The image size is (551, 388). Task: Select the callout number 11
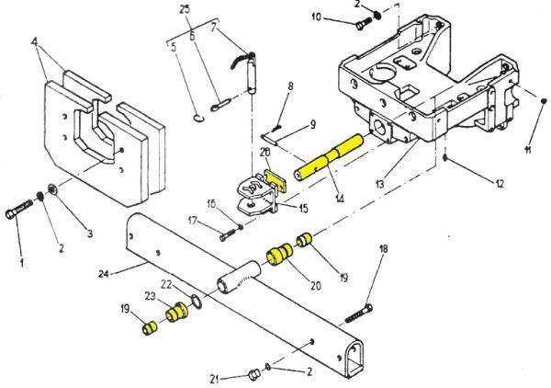click(528, 149)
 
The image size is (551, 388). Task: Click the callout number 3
click(90, 234)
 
